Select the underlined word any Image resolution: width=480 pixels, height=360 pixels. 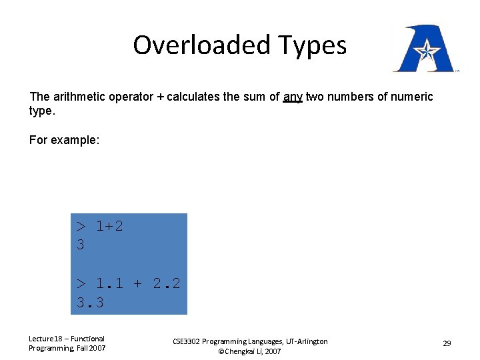[293, 97]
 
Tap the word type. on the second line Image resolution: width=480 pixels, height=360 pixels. [41, 111]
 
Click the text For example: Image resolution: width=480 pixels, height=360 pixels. [64, 140]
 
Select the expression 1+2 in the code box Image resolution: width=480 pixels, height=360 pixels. [109, 226]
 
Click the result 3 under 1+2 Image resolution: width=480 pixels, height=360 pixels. [81, 245]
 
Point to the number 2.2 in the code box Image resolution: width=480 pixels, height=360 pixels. [167, 283]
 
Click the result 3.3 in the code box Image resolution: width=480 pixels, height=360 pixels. [90, 303]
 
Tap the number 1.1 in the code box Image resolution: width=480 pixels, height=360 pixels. [109, 283]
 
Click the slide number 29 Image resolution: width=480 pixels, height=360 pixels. [447, 343]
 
